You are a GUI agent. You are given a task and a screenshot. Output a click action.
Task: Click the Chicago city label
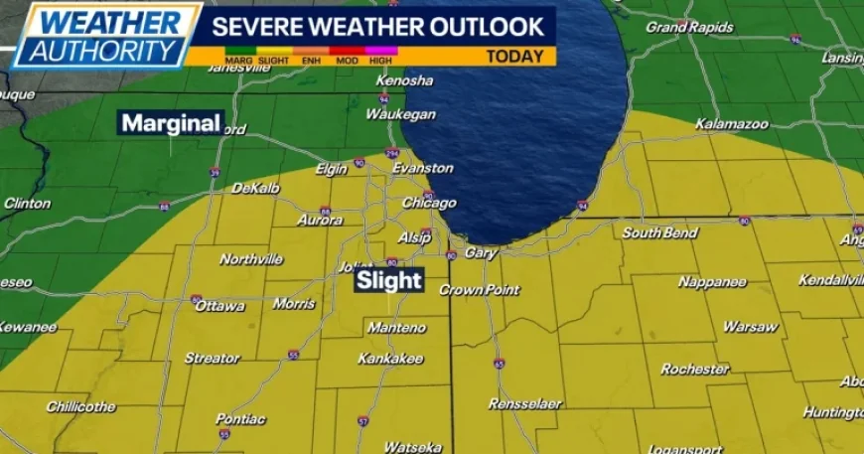click(428, 203)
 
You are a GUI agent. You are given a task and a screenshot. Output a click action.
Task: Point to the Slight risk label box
click(390, 281)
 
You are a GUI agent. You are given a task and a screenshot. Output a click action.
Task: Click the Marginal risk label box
click(171, 123)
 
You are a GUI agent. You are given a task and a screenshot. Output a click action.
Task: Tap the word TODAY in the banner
click(514, 57)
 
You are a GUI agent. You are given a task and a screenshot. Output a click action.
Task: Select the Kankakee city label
click(390, 358)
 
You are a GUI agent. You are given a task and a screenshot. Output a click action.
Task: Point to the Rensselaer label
click(525, 404)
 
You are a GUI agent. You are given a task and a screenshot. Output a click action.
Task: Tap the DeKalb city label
click(256, 188)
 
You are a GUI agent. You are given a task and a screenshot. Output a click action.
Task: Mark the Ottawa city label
click(221, 306)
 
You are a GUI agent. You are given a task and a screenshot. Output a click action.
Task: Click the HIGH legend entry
click(379, 60)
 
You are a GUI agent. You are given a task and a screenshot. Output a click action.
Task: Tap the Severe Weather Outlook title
click(378, 24)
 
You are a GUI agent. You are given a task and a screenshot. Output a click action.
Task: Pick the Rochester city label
click(695, 370)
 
